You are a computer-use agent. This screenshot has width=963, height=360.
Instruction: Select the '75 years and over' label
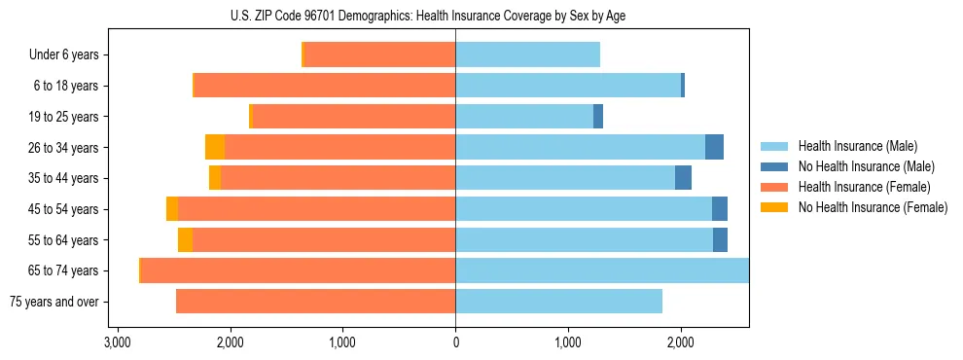pos(54,302)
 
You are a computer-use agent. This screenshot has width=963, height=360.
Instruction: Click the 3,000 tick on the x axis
pos(117,343)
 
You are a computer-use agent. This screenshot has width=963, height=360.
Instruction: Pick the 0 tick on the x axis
pos(455,343)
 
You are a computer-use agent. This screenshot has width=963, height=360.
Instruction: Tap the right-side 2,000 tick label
pos(680,343)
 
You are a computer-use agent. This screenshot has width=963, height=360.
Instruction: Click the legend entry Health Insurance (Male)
pos(857,146)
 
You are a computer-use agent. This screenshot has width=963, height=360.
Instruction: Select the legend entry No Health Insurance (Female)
pos(873,207)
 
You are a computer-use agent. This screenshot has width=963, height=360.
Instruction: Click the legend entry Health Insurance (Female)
pos(864,187)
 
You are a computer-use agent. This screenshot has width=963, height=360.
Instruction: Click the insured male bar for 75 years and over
pos(558,302)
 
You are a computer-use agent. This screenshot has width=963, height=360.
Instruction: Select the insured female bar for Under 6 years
pos(379,55)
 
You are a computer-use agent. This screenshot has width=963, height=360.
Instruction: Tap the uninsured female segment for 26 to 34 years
pos(215,148)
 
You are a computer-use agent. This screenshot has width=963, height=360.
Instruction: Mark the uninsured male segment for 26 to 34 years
pos(714,148)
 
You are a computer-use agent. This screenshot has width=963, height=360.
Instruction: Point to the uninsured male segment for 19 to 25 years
pos(598,117)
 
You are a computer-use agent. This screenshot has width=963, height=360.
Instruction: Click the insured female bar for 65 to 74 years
pos(298,270)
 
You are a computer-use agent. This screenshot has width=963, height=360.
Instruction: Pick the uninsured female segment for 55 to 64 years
pos(185,240)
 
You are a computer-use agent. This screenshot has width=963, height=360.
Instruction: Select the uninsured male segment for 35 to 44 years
pos(683,178)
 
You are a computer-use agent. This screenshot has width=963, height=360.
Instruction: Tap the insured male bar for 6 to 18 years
pos(568,86)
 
